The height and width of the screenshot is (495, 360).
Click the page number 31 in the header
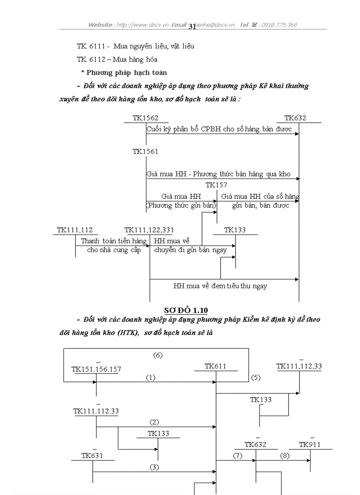[x=192, y=26]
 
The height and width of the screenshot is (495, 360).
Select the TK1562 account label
[x=145, y=118]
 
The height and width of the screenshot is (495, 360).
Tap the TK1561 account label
[x=145, y=152]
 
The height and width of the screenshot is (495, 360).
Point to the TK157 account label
[x=216, y=185]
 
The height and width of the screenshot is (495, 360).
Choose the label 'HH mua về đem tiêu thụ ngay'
[x=220, y=286]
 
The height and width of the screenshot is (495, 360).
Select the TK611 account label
[x=215, y=366]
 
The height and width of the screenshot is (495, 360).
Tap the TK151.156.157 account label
[x=96, y=369]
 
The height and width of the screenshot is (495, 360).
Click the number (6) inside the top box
[x=158, y=355]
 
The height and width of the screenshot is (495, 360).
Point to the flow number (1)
[x=150, y=378]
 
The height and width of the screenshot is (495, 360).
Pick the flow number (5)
[x=256, y=378]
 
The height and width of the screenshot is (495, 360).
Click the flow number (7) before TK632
[x=237, y=456]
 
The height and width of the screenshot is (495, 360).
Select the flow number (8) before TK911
[x=285, y=456]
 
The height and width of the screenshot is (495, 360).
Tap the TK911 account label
[x=310, y=445]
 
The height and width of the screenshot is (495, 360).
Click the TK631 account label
[x=92, y=455]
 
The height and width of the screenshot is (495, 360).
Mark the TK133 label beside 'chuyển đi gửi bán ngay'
[x=235, y=230]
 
